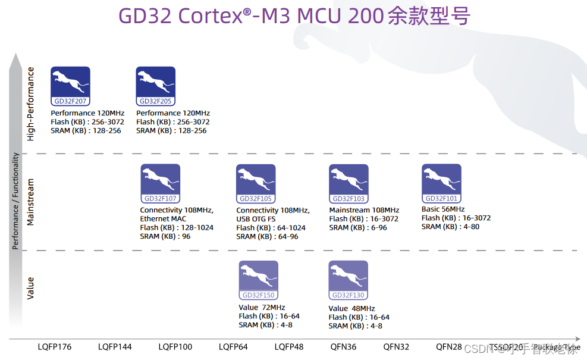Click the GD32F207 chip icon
(70, 86)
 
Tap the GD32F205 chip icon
(155, 86)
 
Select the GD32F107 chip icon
(160, 183)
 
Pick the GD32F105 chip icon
(256, 183)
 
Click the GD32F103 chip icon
(349, 183)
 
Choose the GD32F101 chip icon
(441, 183)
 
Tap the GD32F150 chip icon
(258, 280)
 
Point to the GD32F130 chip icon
(349, 280)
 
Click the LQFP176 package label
(55, 347)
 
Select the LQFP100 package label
(175, 347)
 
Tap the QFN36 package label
(343, 347)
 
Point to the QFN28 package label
(448, 347)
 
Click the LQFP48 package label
(289, 347)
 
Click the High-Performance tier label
(31, 104)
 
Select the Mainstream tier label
(31, 202)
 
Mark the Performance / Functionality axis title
(17, 201)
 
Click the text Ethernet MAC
(163, 219)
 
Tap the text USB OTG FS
(256, 219)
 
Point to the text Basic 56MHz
(443, 209)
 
